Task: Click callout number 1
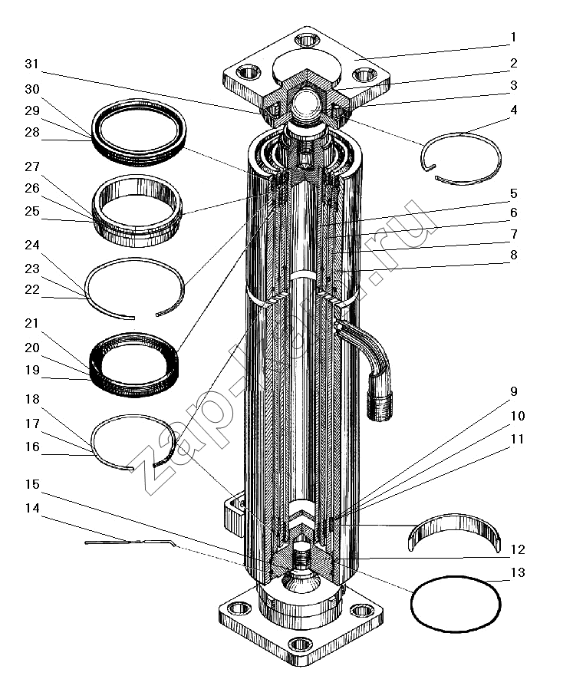[514, 37]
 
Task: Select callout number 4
[514, 110]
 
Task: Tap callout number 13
[519, 572]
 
